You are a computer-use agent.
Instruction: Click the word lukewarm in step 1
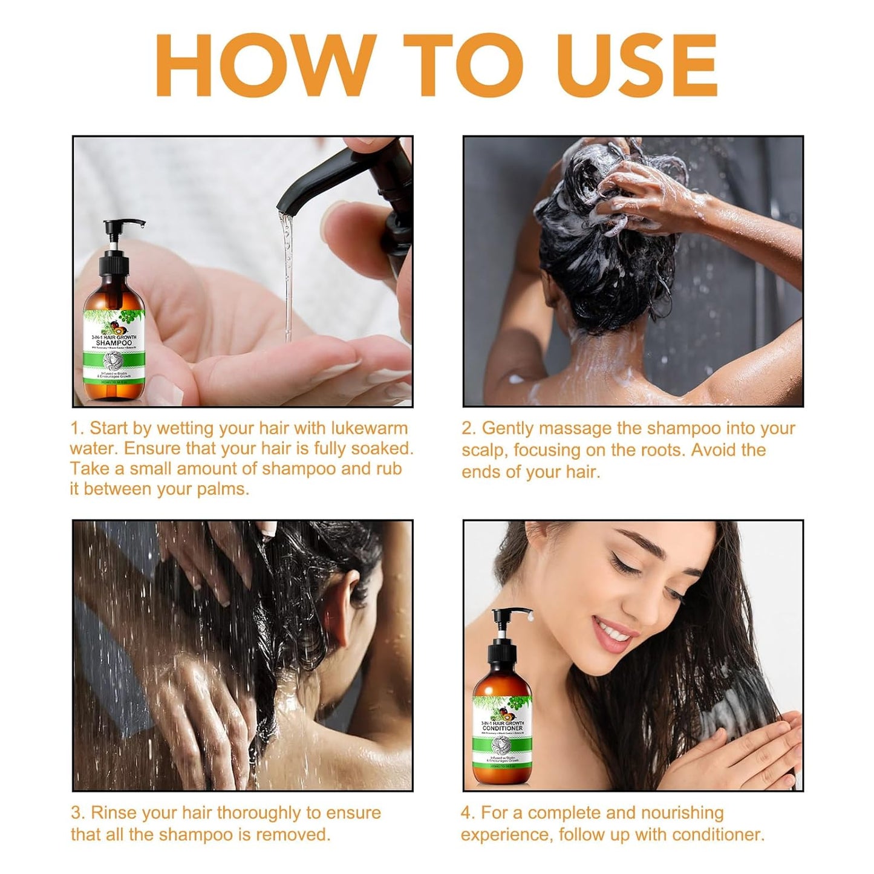[x=369, y=428]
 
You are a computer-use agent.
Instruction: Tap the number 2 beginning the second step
[x=468, y=428]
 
